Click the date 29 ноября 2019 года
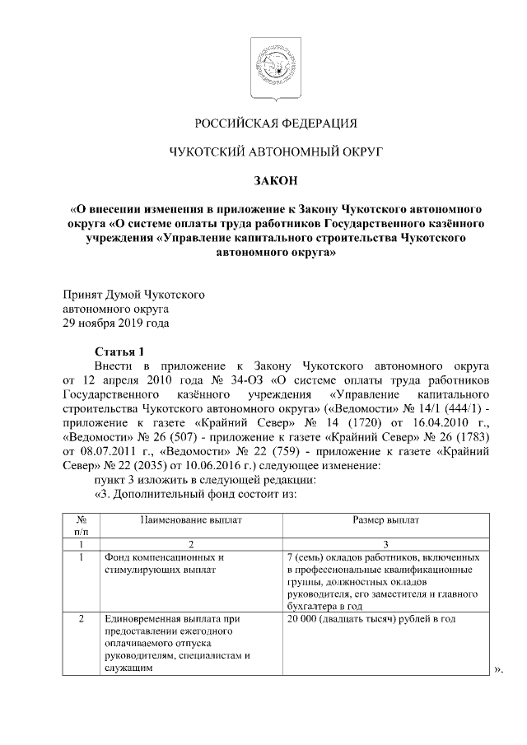[x=118, y=323]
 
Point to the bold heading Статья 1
[x=119, y=349]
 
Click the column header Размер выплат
[x=385, y=521]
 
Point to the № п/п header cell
[x=82, y=527]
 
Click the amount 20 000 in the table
[x=304, y=619]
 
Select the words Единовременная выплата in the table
[x=161, y=619]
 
